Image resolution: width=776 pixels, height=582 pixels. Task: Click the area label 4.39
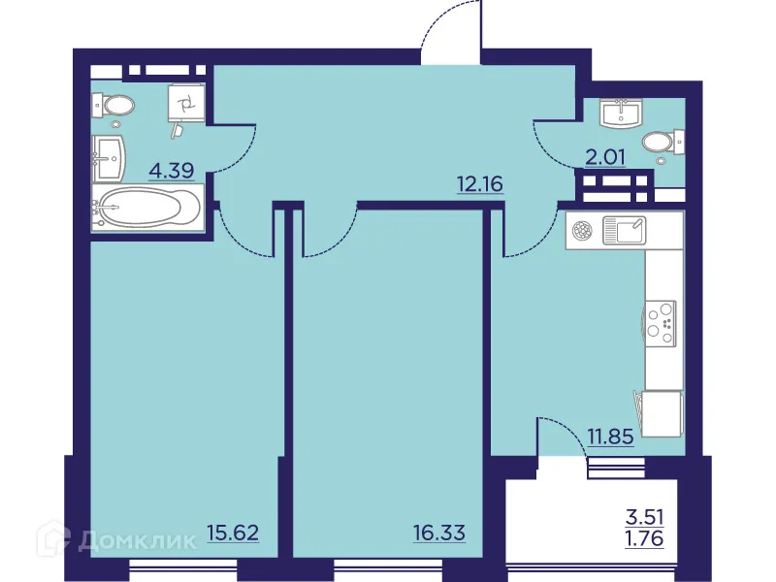pos(171,172)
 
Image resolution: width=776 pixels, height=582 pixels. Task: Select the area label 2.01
pos(604,156)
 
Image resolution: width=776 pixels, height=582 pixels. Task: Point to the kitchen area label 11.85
pos(610,436)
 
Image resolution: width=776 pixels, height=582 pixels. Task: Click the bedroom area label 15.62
pos(232,532)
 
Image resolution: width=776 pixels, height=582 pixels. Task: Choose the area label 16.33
pos(438,532)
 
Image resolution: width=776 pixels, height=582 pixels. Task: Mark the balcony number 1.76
pos(645,539)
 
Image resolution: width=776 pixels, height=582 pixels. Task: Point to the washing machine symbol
pos(185,101)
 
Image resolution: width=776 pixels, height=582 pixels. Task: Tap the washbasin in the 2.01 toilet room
pos(620,113)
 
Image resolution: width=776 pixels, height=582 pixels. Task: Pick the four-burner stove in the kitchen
pos(662,319)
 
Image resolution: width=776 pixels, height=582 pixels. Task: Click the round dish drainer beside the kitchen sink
pos(583,231)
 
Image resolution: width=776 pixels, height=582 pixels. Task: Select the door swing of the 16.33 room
pos(330,233)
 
